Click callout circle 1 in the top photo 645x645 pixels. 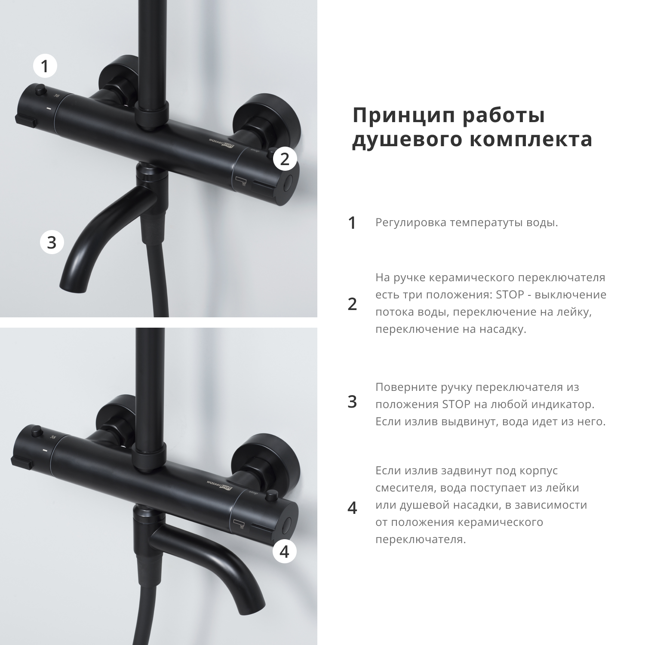(x=45, y=66)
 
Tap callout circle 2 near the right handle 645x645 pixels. (x=285, y=159)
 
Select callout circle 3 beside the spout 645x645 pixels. (x=52, y=243)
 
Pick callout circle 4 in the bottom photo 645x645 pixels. (x=285, y=551)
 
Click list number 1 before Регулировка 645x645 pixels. (x=352, y=223)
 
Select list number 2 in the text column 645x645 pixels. (x=352, y=304)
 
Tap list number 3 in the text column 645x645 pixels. (x=352, y=402)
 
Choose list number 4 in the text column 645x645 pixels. (x=352, y=508)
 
